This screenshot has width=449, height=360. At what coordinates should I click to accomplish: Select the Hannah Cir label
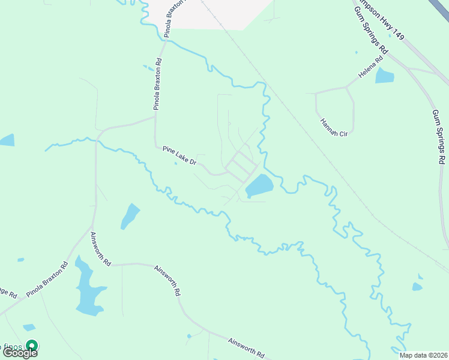[334, 126]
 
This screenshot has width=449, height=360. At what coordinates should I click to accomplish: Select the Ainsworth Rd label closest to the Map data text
[246, 348]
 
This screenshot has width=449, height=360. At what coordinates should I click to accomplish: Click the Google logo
[20, 353]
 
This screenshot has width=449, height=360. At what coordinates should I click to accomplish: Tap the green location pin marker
[32, 346]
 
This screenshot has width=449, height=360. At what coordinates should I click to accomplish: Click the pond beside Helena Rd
[384, 76]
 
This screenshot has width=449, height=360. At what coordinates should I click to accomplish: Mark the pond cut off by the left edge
[6, 140]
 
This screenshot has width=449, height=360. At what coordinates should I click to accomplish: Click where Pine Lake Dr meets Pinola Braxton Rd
[155, 143]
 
